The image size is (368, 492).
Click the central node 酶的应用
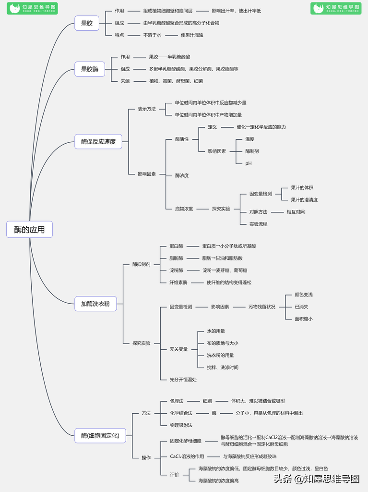(x=29, y=230)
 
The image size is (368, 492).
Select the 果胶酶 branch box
(x=90, y=69)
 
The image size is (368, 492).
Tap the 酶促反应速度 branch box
(x=98, y=141)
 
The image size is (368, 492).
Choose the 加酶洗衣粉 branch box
(x=95, y=304)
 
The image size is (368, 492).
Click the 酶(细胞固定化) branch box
(x=100, y=436)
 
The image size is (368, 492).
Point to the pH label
(x=249, y=163)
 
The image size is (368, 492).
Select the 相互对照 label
(x=296, y=212)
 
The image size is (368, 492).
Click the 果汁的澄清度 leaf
(x=304, y=200)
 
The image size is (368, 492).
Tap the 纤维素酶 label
(x=178, y=283)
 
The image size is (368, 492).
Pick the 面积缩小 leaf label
(x=304, y=319)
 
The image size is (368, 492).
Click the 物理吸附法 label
(x=181, y=425)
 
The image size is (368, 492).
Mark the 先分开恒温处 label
(x=183, y=380)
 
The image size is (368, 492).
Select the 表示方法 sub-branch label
(x=147, y=109)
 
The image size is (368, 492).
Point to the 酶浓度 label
(x=182, y=176)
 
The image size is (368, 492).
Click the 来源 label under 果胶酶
(x=125, y=81)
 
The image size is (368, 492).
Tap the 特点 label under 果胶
(x=119, y=35)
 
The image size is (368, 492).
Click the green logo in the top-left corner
(x=32, y=8)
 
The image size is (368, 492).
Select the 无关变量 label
(x=178, y=349)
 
